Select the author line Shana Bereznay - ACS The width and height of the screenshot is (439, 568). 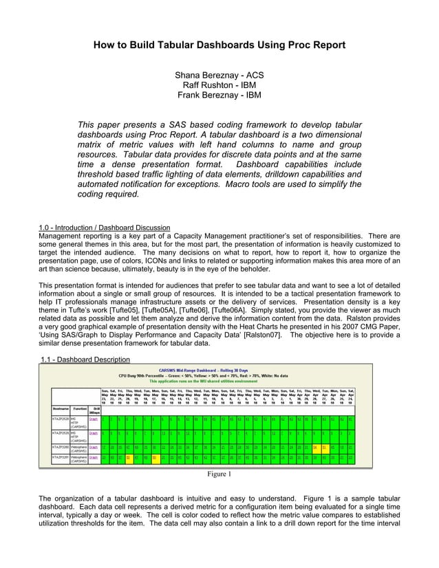(219, 74)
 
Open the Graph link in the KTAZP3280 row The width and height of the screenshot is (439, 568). (94, 446)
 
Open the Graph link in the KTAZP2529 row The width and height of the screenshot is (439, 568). (94, 433)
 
